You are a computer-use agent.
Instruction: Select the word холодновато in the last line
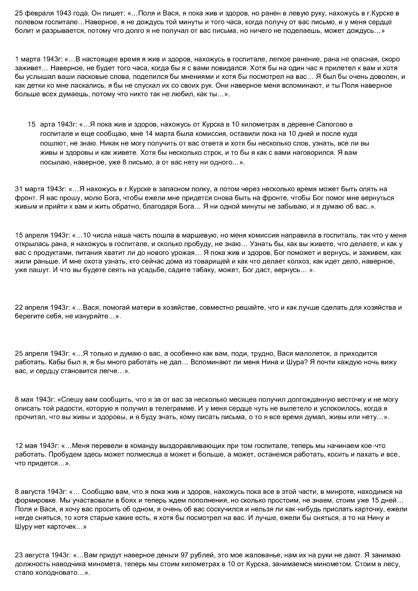(x=51, y=573)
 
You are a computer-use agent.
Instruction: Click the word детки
(x=40, y=85)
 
